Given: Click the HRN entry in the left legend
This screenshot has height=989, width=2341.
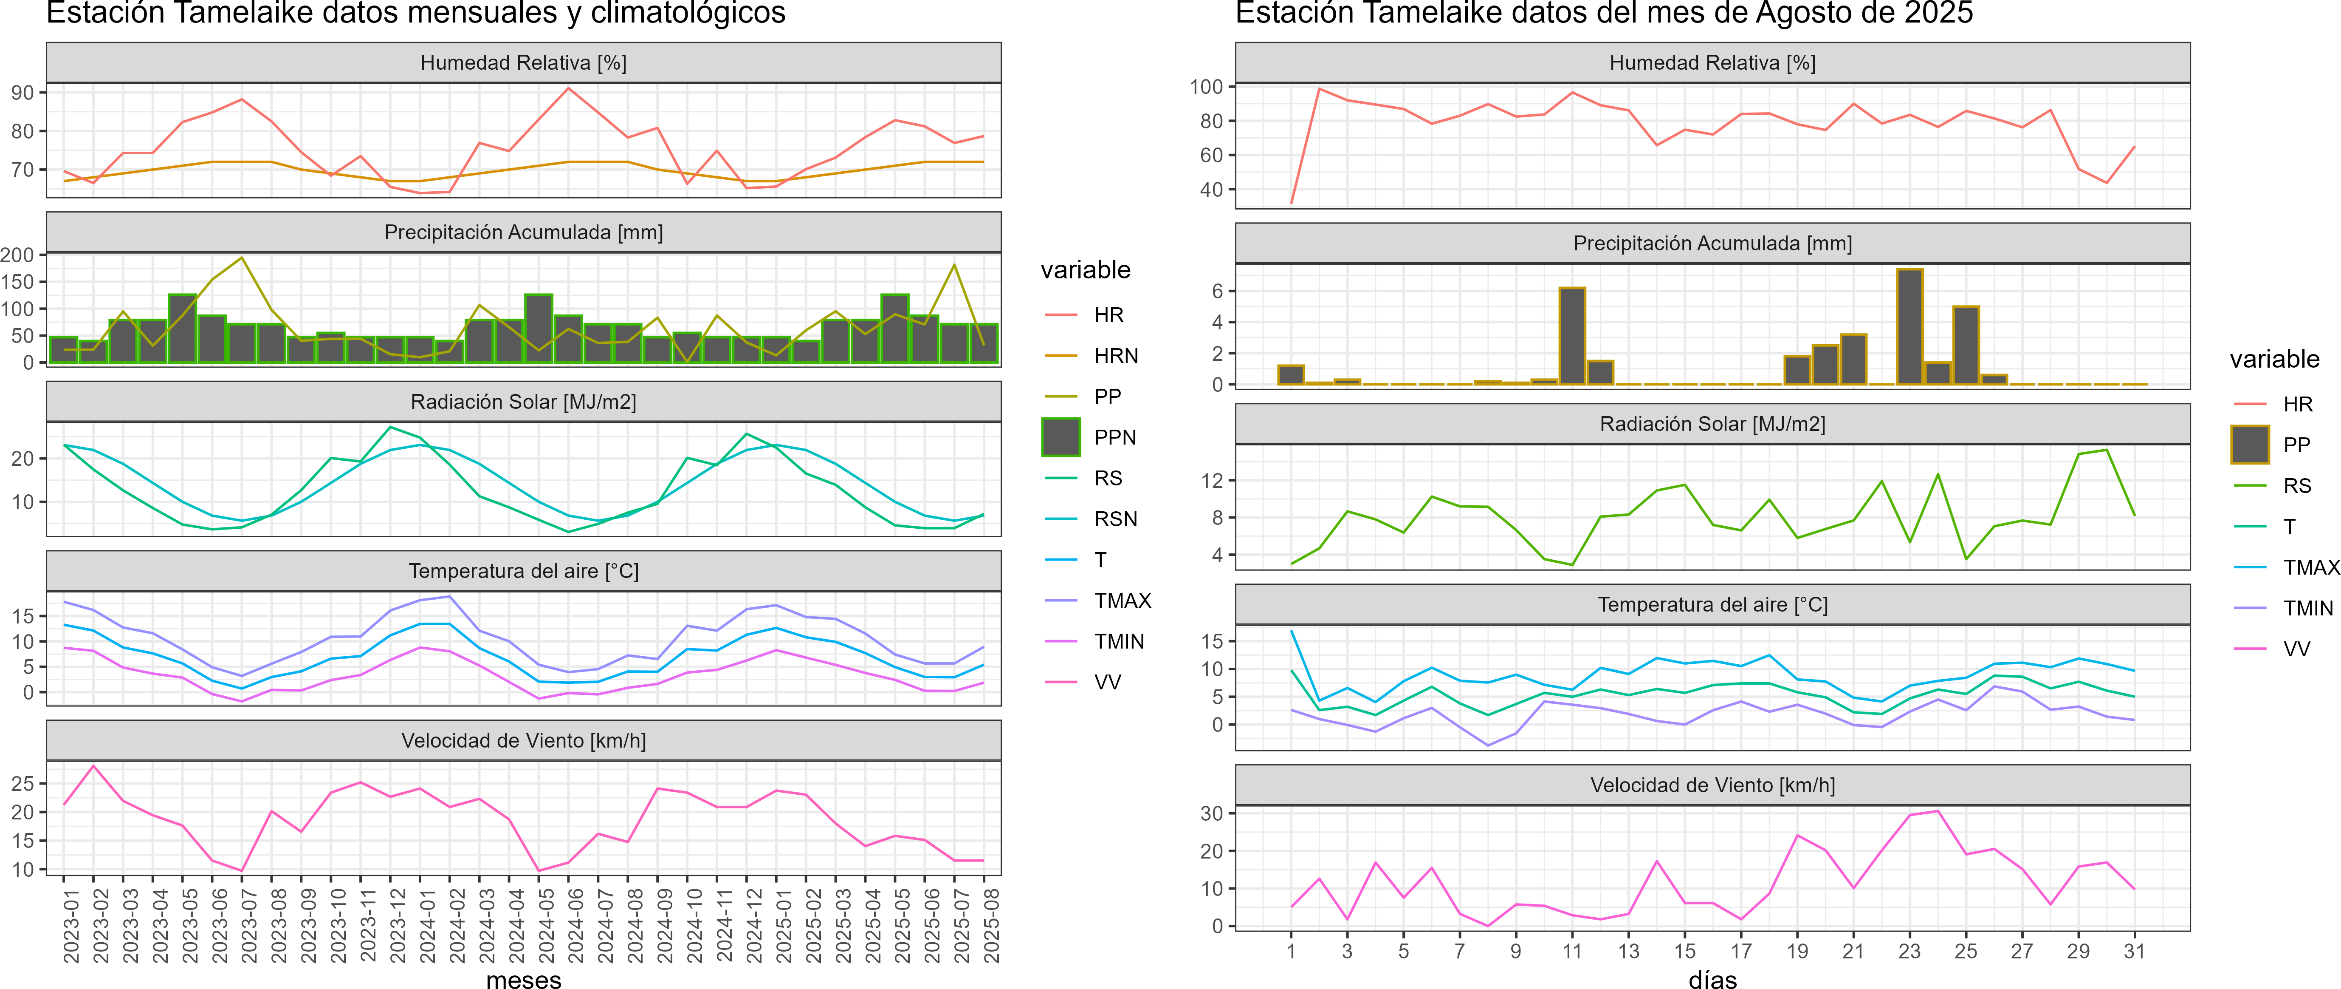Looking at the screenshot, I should pos(1115,355).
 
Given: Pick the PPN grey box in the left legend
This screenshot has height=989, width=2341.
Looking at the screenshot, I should pos(1061,437).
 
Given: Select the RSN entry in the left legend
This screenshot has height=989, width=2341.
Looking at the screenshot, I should pos(1115,519).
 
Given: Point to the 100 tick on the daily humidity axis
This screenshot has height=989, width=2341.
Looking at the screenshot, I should pos(1206,86).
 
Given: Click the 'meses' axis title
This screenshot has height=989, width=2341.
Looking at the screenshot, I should pos(523,979).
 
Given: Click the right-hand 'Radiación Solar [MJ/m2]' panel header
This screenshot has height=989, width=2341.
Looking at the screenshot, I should pos(1712,424).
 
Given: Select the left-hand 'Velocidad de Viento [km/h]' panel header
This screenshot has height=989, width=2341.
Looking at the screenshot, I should pos(523,741).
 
